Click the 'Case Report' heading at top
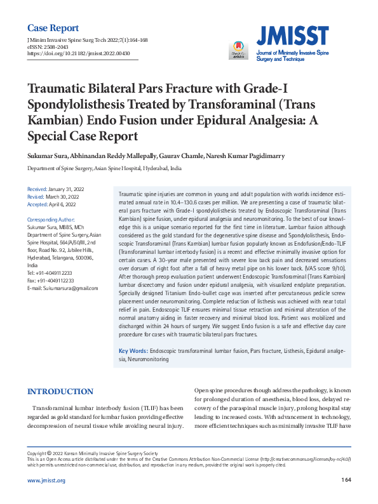53,28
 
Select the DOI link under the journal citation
83,53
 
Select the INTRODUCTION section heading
61,392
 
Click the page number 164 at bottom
346,480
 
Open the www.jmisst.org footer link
46,481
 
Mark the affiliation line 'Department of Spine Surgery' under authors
104,169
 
